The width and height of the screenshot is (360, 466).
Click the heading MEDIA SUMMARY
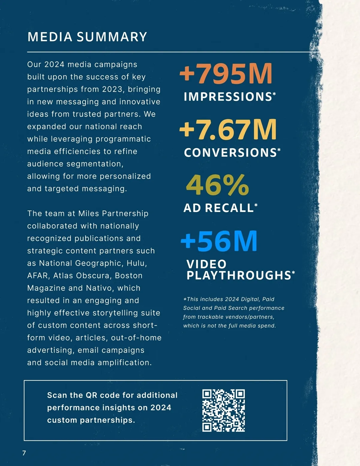click(x=87, y=37)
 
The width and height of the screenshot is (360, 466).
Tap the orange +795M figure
click(x=226, y=74)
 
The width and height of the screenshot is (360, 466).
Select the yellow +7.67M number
click(x=228, y=130)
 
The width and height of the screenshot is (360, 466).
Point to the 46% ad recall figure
click(x=217, y=185)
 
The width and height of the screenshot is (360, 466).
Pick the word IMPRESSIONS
click(x=228, y=97)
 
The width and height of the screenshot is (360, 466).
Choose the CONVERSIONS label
click(x=230, y=153)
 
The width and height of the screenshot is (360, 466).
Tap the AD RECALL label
click(x=218, y=208)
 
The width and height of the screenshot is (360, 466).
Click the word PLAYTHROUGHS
click(x=239, y=275)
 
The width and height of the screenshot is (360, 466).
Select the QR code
click(x=223, y=410)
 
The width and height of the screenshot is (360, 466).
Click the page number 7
click(x=24, y=453)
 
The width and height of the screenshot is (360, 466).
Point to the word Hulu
click(x=137, y=263)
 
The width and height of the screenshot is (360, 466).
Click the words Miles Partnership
click(x=113, y=213)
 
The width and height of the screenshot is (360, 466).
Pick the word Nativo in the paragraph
click(x=99, y=288)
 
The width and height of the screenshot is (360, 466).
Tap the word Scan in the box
click(x=57, y=395)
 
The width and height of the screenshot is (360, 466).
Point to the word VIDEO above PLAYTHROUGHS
click(x=206, y=264)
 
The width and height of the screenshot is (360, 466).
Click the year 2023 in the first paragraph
click(x=112, y=89)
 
